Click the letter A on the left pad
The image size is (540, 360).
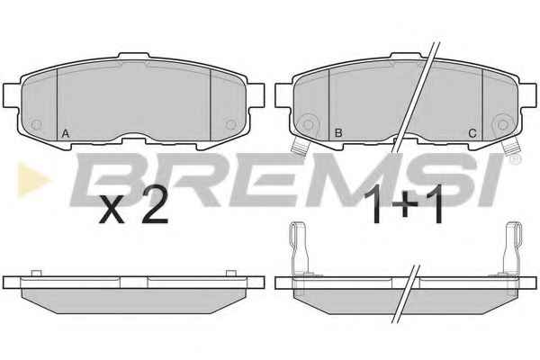pyautogui.click(x=66, y=133)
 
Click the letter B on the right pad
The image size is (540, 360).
pyautogui.click(x=338, y=133)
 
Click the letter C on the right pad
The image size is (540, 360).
pyautogui.click(x=472, y=133)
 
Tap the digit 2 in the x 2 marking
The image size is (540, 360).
pyautogui.click(x=156, y=206)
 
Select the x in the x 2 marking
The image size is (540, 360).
pyautogui.click(x=112, y=211)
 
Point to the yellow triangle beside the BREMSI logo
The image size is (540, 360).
pyautogui.click(x=32, y=179)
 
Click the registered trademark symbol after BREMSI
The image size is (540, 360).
pyautogui.click(x=516, y=158)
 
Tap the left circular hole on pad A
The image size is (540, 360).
pyautogui.click(x=36, y=125)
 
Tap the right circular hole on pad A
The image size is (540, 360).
pyautogui.click(x=230, y=124)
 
